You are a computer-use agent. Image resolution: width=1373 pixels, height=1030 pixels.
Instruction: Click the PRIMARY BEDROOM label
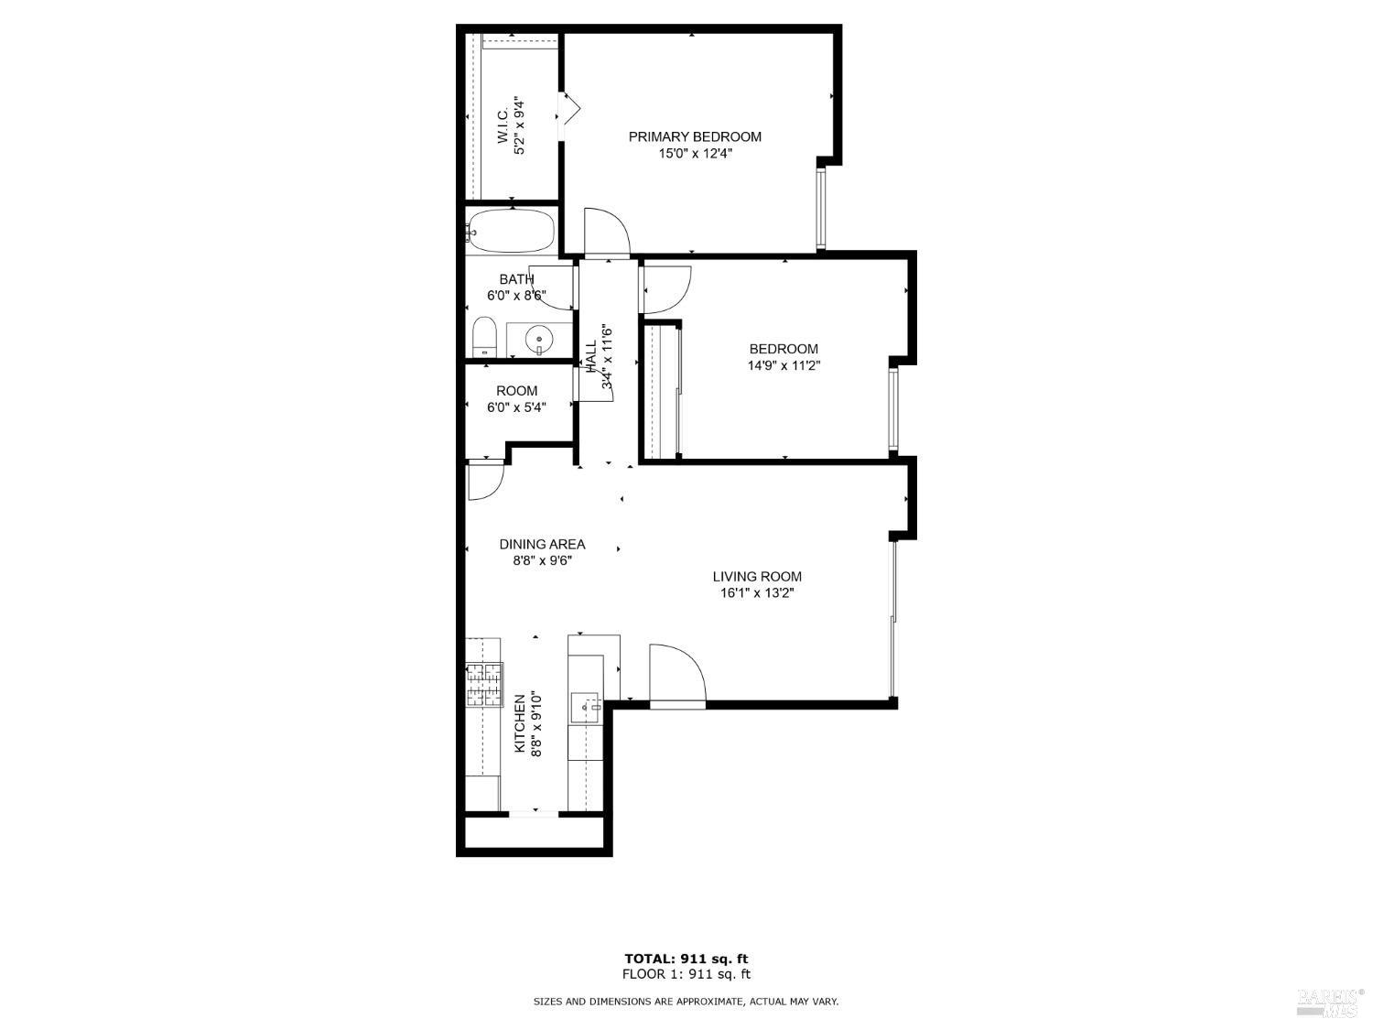694,136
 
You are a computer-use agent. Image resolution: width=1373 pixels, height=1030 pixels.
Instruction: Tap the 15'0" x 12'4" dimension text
694,154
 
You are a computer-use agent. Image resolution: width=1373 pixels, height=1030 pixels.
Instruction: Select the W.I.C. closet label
503,125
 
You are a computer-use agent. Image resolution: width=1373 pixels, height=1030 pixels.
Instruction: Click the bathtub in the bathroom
512,231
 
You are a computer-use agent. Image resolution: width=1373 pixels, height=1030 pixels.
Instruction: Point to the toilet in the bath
483,337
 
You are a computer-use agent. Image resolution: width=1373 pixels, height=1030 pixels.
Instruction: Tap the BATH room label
516,279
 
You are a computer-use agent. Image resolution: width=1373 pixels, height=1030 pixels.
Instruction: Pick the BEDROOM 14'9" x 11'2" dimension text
783,365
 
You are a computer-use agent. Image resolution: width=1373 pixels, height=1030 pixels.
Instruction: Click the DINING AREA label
542,544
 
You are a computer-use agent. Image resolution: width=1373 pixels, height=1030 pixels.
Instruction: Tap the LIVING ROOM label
757,576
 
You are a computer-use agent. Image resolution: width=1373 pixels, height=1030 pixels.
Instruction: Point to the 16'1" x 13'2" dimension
757,593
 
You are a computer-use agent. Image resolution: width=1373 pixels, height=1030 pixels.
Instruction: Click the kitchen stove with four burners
484,684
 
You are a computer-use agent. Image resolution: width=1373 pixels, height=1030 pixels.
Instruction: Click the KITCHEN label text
519,723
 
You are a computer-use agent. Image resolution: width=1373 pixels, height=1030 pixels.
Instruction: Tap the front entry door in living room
676,676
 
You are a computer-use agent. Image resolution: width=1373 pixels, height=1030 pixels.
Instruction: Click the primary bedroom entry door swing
605,232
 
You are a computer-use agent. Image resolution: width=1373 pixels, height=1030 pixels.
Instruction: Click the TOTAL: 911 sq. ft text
686,959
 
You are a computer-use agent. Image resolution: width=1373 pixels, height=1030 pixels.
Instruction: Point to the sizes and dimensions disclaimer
686,1002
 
